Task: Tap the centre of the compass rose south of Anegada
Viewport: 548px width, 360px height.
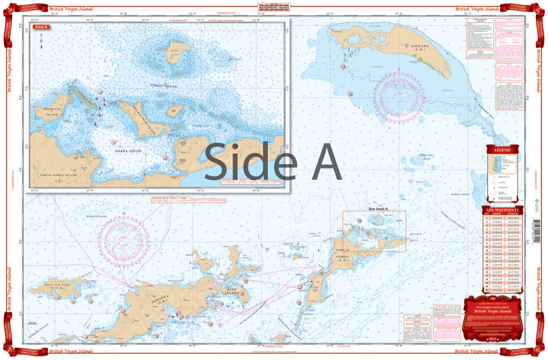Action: coord(398,96)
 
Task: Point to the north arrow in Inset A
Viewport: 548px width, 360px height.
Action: coord(40,39)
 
